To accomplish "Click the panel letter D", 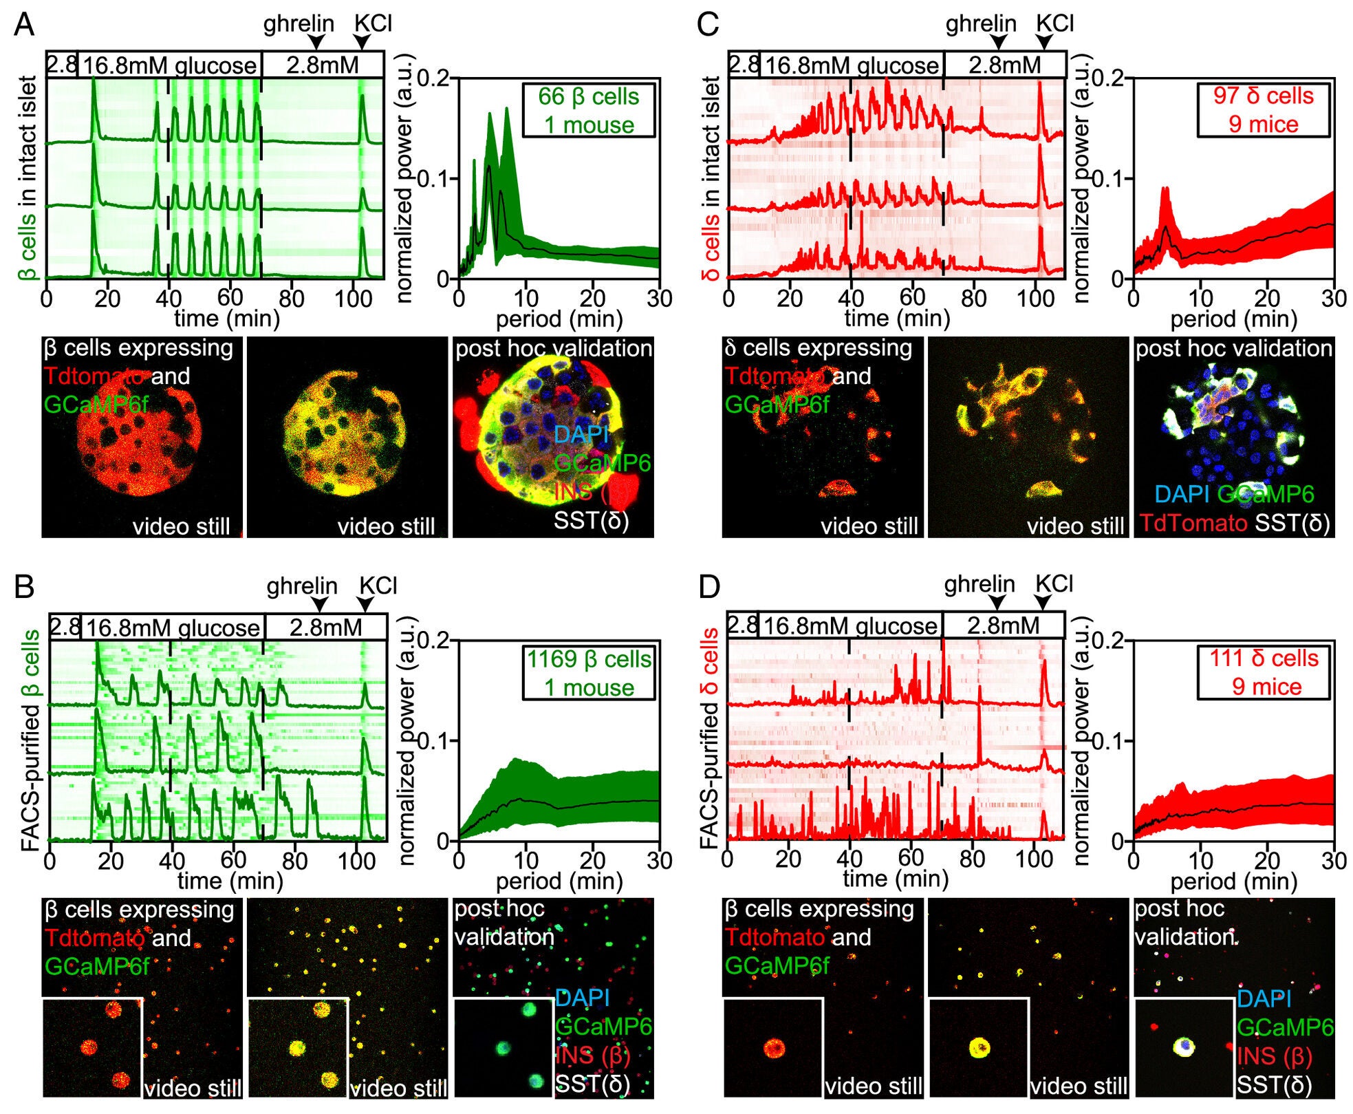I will (x=708, y=587).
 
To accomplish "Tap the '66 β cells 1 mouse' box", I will (x=588, y=111).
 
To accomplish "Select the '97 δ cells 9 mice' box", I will (x=1263, y=110).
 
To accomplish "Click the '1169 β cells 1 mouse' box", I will (x=588, y=673).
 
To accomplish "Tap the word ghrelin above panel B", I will (x=302, y=586).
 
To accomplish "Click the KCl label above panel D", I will (x=1054, y=584).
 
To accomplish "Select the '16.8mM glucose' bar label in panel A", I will (x=170, y=66).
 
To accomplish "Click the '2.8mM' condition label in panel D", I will (x=1003, y=625).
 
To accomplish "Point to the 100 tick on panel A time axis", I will (x=353, y=298).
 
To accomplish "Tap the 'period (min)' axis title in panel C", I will (x=1233, y=319).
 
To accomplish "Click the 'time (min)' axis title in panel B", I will (x=230, y=881).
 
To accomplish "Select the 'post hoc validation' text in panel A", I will (x=553, y=349).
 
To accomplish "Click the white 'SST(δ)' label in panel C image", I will (x=1292, y=523).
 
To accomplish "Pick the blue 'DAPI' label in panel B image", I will (x=582, y=998).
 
